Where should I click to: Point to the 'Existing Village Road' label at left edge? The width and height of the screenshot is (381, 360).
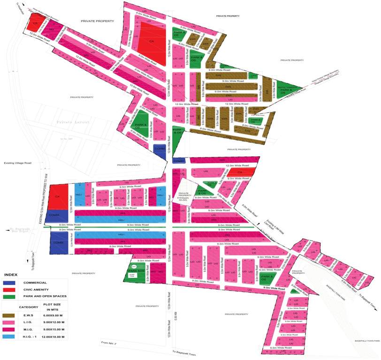[17, 163]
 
